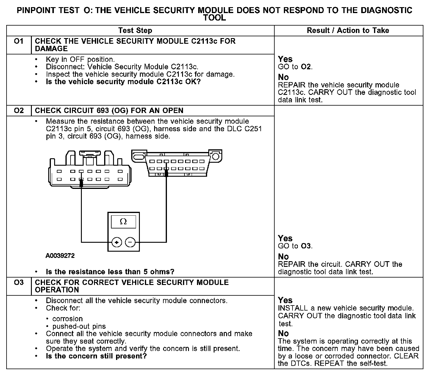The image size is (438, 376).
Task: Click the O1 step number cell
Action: pyautogui.click(x=18, y=41)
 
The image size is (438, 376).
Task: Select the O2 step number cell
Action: pyautogui.click(x=18, y=111)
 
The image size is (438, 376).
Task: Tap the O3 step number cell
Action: pyautogui.click(x=18, y=282)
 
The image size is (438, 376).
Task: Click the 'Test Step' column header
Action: pyautogui.click(x=135, y=30)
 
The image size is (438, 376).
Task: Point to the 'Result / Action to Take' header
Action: pyautogui.click(x=348, y=30)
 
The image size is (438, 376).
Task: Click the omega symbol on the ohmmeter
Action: pyautogui.click(x=123, y=222)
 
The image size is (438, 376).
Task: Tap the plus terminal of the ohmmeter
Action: pyautogui.click(x=117, y=243)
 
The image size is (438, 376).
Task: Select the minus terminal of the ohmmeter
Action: pyautogui.click(x=130, y=243)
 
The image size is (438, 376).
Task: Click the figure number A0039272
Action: pyautogui.click(x=60, y=256)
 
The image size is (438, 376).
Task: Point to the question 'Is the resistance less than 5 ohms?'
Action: pyautogui.click(x=110, y=272)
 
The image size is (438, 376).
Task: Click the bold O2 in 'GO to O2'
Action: pyautogui.click(x=306, y=67)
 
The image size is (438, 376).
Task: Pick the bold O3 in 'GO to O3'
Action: pyautogui.click(x=306, y=246)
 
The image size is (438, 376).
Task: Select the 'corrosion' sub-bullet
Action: pyautogui.click(x=67, y=319)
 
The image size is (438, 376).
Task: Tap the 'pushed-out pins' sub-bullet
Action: pyautogui.click(x=79, y=326)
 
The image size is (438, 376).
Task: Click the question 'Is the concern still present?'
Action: pyautogui.click(x=96, y=356)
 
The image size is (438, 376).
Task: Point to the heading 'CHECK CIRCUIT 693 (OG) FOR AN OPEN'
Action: pyautogui.click(x=109, y=111)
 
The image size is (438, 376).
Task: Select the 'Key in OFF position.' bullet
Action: pyautogui.click(x=80, y=59)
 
